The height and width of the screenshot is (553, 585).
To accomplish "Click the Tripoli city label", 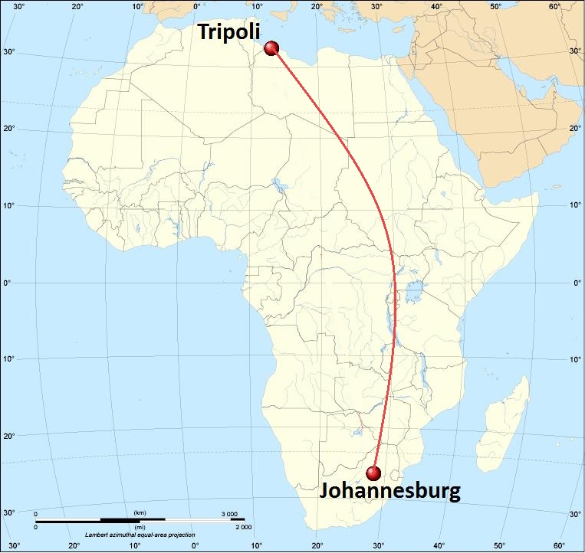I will (229, 32).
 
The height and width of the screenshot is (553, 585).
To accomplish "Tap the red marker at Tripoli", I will (271, 49).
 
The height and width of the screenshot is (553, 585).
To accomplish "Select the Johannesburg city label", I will (389, 490).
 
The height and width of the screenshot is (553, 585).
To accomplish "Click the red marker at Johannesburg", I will (374, 473).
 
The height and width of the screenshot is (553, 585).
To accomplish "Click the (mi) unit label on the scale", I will (140, 527).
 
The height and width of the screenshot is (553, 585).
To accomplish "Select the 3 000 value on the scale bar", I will (229, 513).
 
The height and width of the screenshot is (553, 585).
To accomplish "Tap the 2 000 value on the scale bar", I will (242, 527).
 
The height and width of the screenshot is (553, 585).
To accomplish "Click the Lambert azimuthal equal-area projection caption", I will (140, 535).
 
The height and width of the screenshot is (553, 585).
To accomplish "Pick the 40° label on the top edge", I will (437, 7).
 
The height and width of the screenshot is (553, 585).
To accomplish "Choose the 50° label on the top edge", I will (496, 7).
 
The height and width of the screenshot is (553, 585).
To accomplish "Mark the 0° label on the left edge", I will (9, 283).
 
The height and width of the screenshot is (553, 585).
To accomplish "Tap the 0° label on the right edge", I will (577, 283).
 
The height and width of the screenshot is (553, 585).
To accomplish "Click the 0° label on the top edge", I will (197, 7).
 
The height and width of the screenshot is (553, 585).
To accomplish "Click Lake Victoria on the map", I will (418, 291).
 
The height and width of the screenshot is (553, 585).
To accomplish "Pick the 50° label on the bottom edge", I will (500, 546).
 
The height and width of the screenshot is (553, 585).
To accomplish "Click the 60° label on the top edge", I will (554, 7).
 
